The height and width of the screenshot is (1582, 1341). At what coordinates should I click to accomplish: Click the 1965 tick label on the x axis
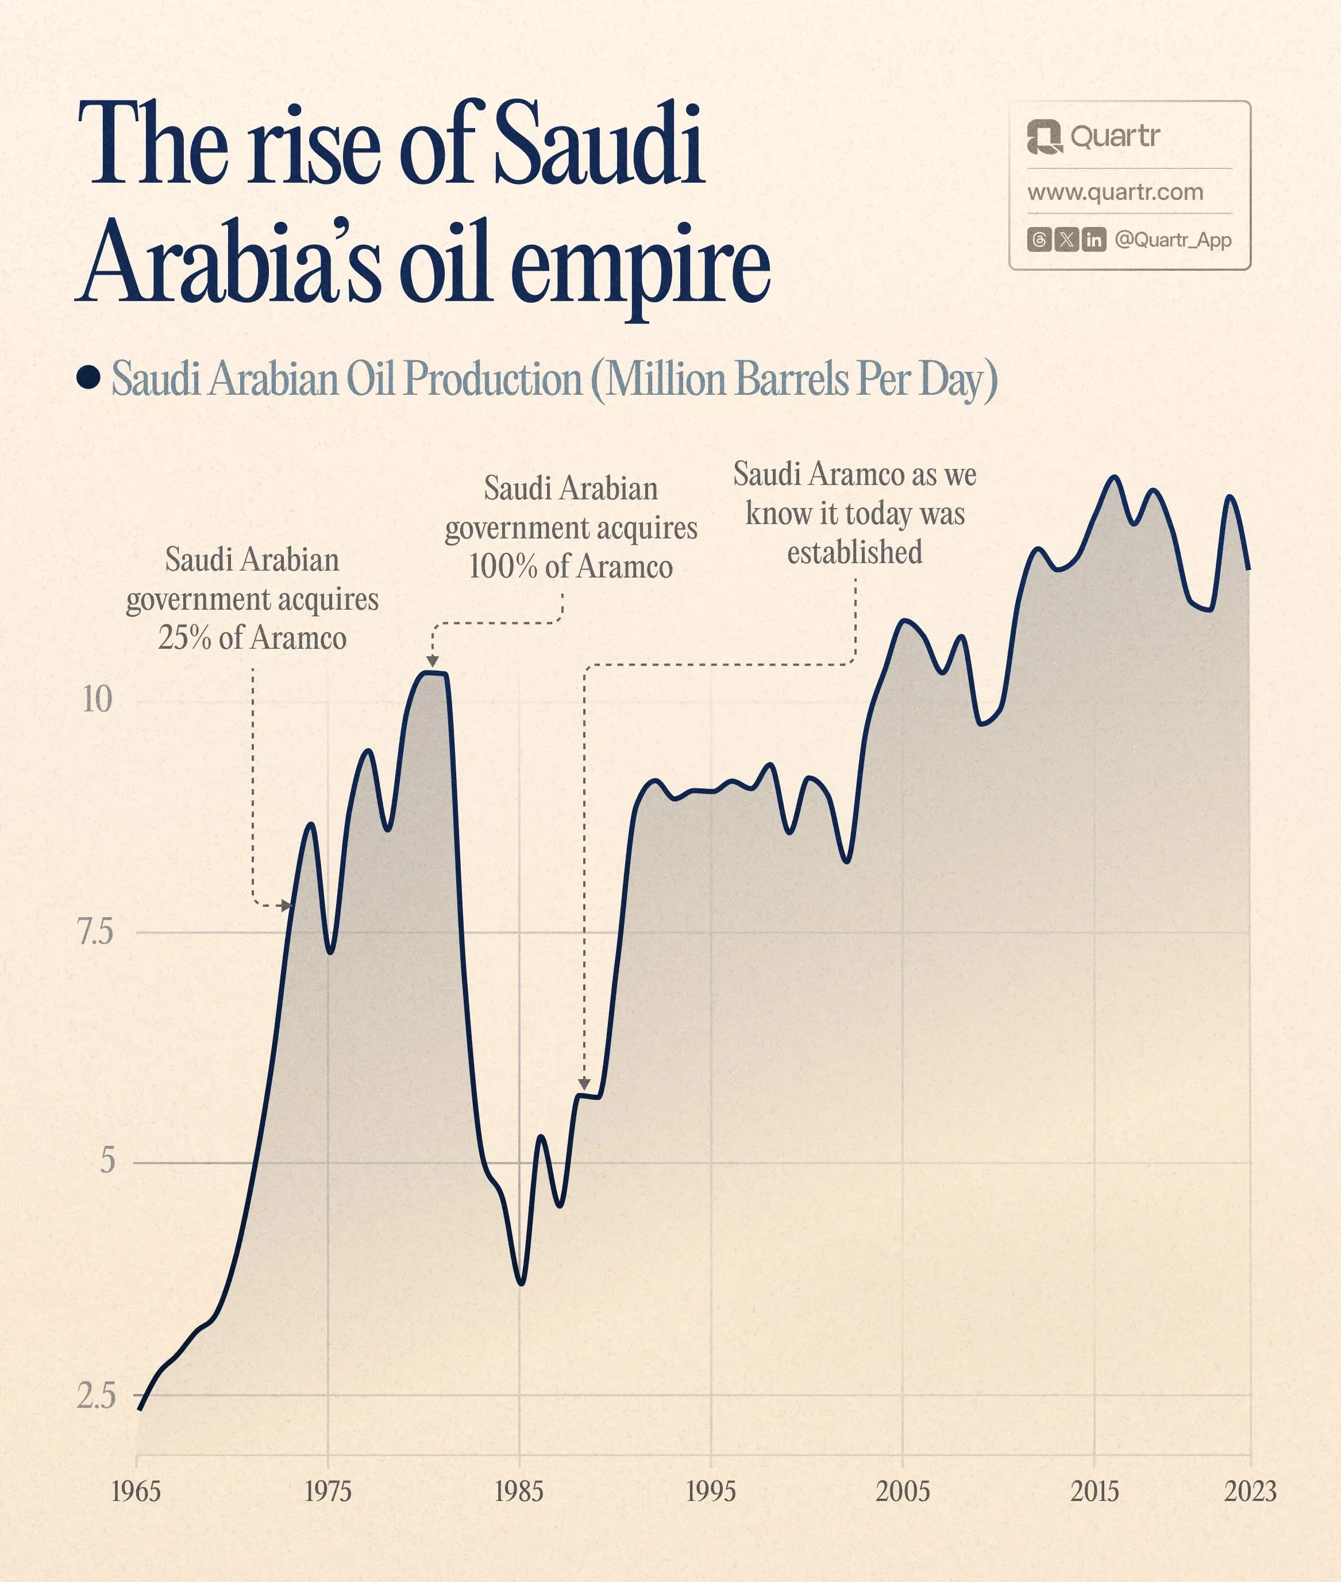tap(136, 1492)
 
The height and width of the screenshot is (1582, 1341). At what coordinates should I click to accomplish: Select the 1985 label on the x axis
tap(519, 1492)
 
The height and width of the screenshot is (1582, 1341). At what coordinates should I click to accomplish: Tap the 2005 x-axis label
tap(903, 1492)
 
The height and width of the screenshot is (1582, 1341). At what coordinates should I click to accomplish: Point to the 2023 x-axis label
tap(1250, 1492)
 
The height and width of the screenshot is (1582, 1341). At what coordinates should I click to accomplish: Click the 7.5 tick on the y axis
tap(96, 932)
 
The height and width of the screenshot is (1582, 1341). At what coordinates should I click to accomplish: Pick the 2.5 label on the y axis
tap(97, 1396)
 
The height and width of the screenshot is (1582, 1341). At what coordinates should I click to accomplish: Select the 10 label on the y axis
tap(97, 699)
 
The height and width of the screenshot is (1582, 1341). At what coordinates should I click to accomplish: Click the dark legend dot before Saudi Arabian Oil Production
tap(89, 378)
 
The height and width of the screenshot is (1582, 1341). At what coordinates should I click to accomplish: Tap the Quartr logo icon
tap(1044, 137)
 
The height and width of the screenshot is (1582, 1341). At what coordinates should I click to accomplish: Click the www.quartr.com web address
tap(1115, 193)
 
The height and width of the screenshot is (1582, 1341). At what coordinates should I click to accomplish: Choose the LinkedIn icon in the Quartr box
tap(1094, 240)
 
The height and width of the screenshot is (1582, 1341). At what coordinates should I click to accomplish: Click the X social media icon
tap(1066, 240)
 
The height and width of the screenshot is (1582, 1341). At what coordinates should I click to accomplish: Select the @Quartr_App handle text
tap(1173, 240)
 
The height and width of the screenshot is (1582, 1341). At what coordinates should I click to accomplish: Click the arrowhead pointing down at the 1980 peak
tap(433, 662)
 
